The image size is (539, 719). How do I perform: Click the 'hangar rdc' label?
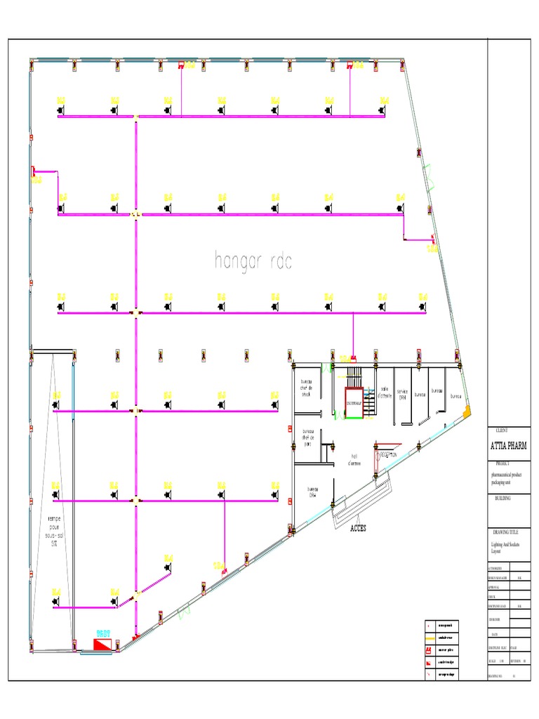pos(253,261)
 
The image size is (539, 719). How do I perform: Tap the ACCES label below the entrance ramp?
pos(358,528)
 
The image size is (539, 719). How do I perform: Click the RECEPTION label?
pos(388,455)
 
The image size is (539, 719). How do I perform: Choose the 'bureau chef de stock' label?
pos(306,388)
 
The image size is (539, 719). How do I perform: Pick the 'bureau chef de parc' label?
pos(307,438)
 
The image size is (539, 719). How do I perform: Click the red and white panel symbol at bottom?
pos(103,643)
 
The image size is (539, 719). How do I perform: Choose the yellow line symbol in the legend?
pos(428,637)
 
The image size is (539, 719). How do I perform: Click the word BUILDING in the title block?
pos(501,497)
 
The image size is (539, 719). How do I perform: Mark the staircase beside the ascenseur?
pos(353,374)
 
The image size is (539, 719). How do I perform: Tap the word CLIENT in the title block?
pos(502,430)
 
